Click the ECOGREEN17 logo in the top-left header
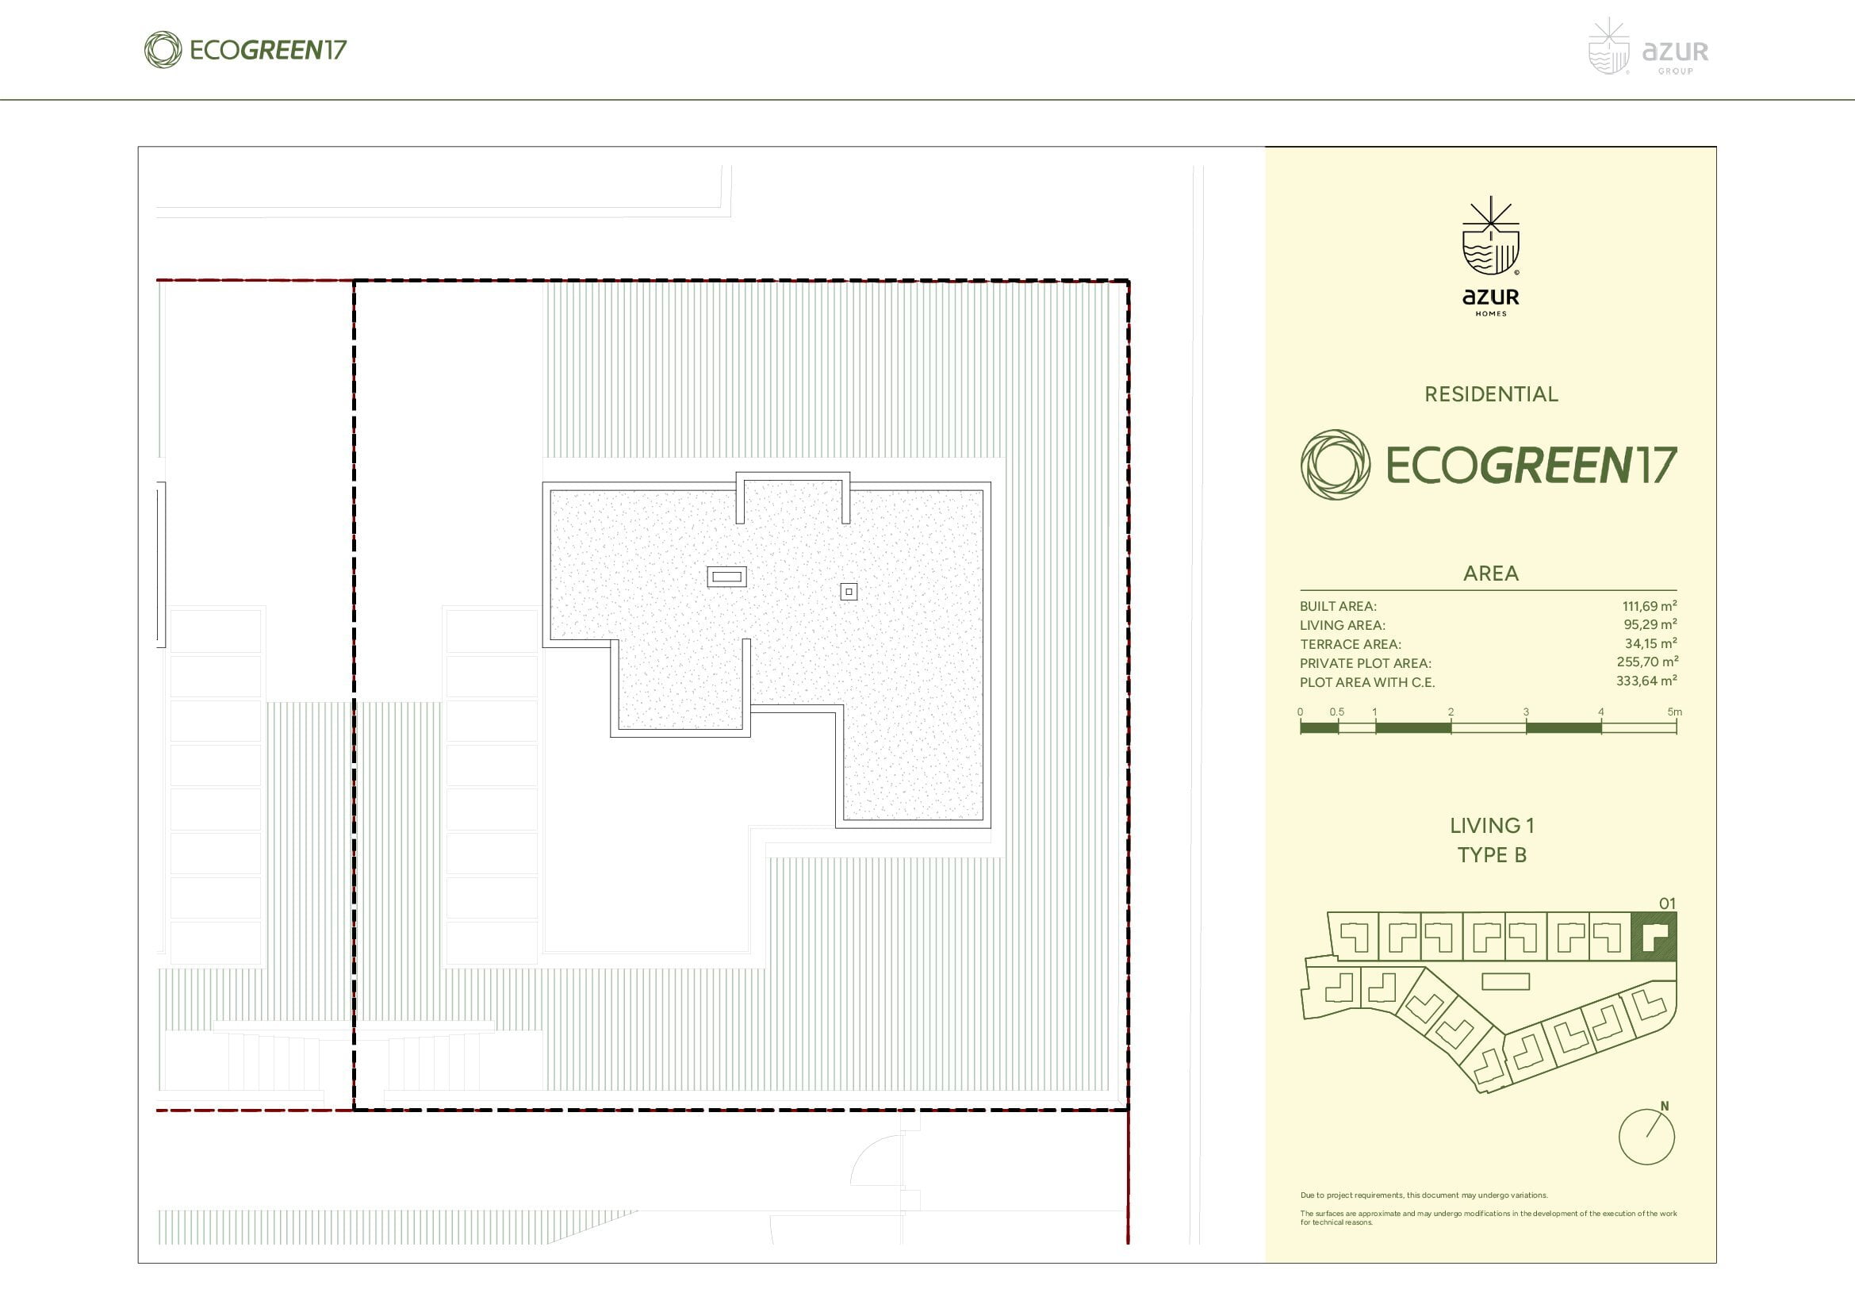coord(245,50)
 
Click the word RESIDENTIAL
coord(1491,394)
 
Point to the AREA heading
coord(1491,574)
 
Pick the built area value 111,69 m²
coord(1649,606)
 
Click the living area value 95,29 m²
coord(1650,624)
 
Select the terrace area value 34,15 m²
coord(1650,644)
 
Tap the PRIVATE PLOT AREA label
coord(1366,663)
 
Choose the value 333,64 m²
coord(1646,681)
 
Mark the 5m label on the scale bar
coord(1674,712)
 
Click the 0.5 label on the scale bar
coord(1337,712)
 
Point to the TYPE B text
coord(1492,855)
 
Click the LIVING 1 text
coord(1492,826)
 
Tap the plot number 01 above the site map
coord(1667,904)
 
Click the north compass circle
coord(1646,1137)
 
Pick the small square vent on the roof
coord(849,593)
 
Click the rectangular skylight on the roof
coord(726,577)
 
